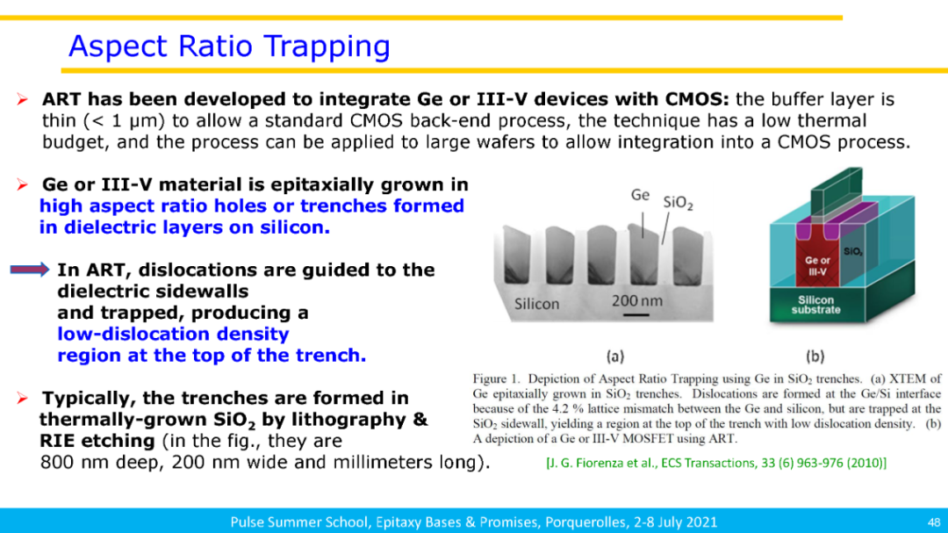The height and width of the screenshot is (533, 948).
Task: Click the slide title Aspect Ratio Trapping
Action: click(x=229, y=47)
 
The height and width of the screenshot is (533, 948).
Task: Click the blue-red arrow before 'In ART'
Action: click(x=30, y=270)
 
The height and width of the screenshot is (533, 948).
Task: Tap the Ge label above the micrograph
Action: click(x=640, y=195)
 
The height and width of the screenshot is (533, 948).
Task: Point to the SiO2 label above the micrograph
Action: click(x=678, y=203)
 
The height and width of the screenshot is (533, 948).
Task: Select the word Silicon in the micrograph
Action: click(x=537, y=304)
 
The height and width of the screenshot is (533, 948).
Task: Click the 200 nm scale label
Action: click(x=636, y=300)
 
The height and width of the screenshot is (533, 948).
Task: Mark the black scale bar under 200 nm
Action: click(x=636, y=315)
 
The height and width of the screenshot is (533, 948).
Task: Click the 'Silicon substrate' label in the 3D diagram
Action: click(x=815, y=305)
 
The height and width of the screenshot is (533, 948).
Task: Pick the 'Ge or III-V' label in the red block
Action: click(x=817, y=266)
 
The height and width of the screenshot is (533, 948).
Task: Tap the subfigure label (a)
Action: click(x=614, y=357)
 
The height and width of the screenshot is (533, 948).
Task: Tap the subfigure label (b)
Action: click(x=815, y=357)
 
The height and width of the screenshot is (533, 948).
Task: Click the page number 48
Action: click(x=933, y=522)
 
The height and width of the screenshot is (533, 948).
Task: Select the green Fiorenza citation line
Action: click(x=716, y=463)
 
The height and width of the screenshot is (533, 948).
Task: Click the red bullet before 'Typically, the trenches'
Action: click(x=22, y=398)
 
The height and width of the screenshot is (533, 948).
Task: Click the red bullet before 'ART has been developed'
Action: click(x=22, y=99)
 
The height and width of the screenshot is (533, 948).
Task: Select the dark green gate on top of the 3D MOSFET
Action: click(x=837, y=191)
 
